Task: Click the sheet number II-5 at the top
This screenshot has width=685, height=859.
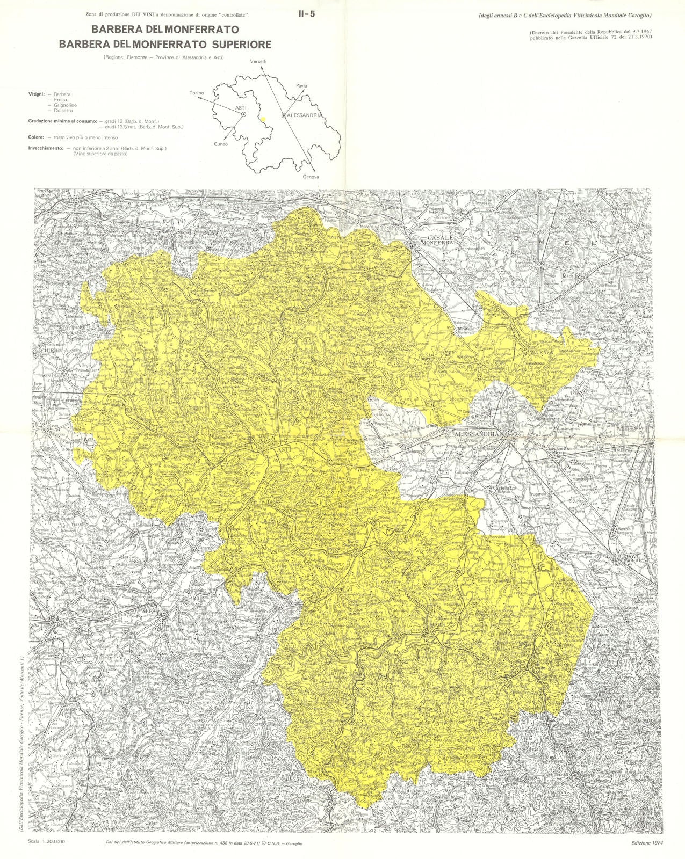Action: click(307, 14)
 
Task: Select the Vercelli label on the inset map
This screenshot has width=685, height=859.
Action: click(258, 62)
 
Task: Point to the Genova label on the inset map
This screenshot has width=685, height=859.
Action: click(311, 177)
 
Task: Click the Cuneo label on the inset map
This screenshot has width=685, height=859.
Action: click(220, 144)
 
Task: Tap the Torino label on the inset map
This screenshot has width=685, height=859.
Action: click(197, 93)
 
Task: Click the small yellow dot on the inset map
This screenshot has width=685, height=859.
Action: click(263, 120)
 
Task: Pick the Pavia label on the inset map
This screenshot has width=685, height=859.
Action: click(301, 86)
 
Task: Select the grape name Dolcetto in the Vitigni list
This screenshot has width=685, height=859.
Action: click(62, 111)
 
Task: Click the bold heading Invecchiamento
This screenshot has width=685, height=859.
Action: click(46, 148)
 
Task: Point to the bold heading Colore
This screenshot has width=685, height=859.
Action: click(36, 137)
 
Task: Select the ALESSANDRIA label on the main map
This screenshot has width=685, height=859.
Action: click(477, 434)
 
